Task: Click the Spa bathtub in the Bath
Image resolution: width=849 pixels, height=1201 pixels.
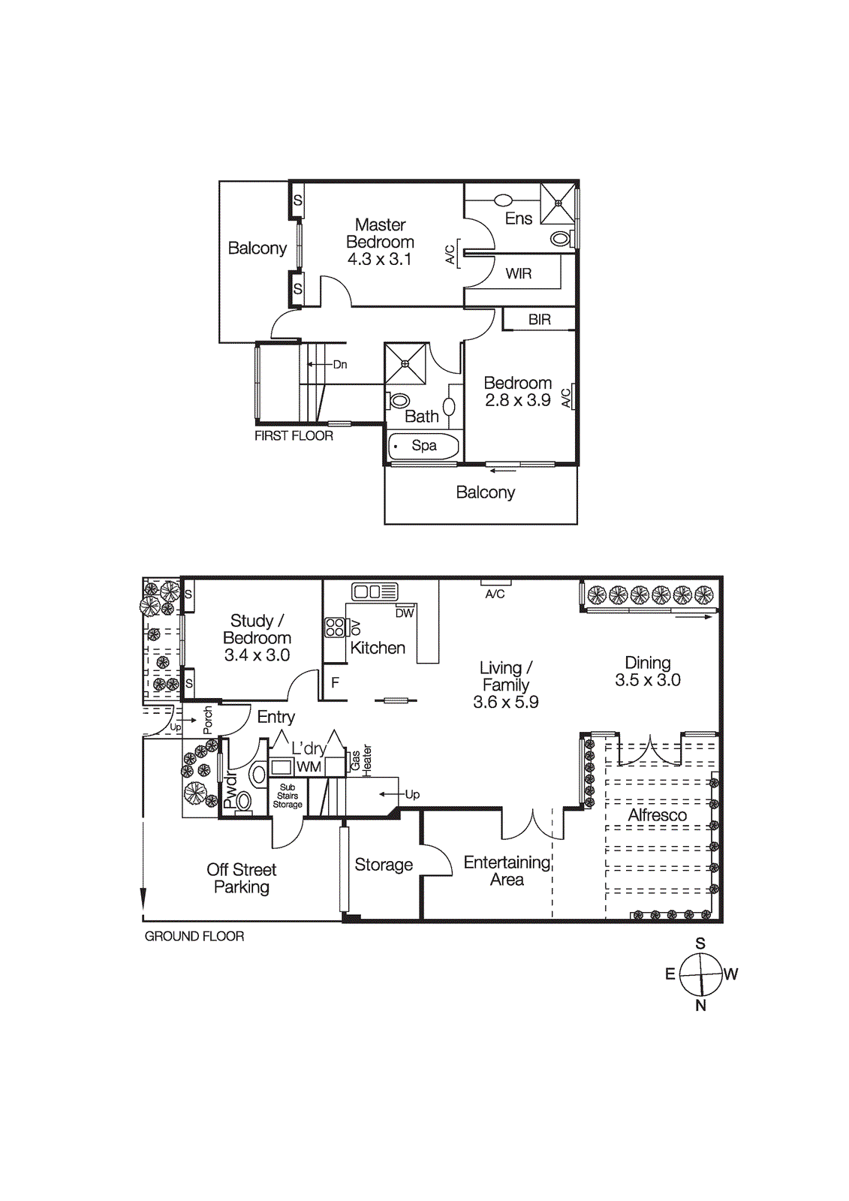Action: coord(423,446)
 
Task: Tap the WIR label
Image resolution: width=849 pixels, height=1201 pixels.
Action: coord(519,274)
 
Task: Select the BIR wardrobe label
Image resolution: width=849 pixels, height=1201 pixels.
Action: coord(540,320)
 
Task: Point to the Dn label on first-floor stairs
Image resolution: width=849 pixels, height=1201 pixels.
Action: coord(340,365)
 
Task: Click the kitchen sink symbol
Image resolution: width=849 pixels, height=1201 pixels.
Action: coord(375,591)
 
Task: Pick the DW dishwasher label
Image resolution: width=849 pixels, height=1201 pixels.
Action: coord(405,613)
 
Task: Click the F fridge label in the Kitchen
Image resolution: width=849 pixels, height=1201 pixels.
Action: coord(335,683)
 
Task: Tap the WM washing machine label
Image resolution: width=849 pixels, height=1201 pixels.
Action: coord(309,767)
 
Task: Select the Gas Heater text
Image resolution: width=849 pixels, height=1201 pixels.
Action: coord(361,761)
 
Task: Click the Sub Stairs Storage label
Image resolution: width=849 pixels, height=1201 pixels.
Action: coord(288,796)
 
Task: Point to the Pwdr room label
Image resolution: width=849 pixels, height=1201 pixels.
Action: coord(230,789)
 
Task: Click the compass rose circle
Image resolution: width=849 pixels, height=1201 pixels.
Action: coord(700,974)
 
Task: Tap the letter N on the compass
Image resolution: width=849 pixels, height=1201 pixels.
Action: coord(700,1006)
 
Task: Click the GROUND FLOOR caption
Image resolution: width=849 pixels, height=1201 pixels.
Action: coord(194,937)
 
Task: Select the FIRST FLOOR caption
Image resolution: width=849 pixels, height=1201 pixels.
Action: coord(294,436)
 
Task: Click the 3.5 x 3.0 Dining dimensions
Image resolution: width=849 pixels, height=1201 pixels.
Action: coord(647,681)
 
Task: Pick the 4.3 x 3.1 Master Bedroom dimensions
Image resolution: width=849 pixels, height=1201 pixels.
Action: coord(380,260)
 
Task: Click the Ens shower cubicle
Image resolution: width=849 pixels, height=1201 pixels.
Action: coord(558,203)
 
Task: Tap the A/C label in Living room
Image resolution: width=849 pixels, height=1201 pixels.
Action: coord(495,594)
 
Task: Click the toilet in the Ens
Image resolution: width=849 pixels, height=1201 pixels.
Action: coord(560,239)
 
